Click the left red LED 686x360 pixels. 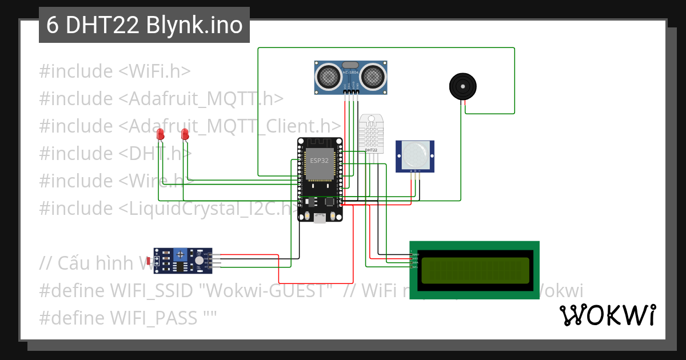point(160,135)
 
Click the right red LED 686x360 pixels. point(185,135)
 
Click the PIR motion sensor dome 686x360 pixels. point(415,153)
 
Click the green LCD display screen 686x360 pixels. point(475,270)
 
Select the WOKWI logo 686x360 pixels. point(607,315)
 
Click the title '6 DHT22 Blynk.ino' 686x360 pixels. point(144,26)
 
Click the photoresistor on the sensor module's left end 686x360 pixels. point(150,261)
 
